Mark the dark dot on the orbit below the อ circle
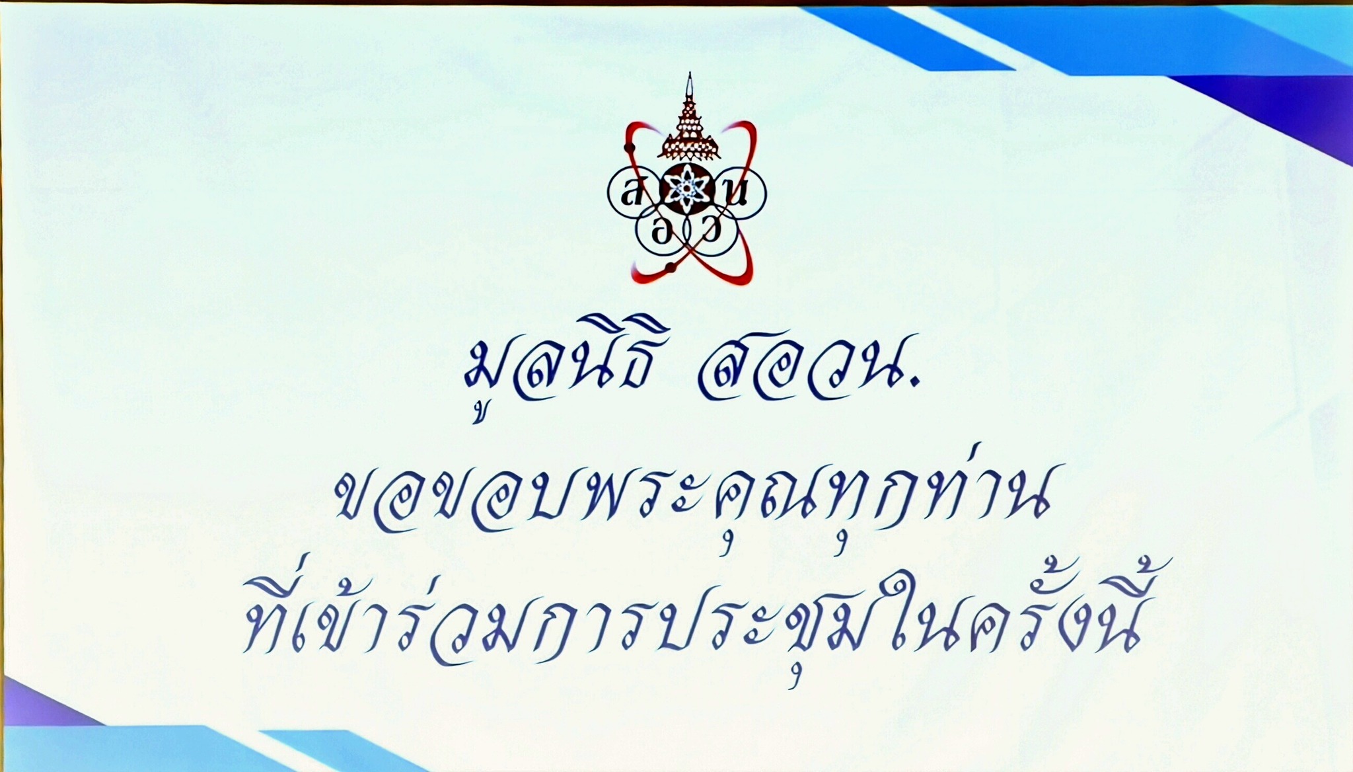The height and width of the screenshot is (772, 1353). coord(671,267)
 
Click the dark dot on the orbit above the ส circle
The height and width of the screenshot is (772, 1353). coord(630,145)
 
